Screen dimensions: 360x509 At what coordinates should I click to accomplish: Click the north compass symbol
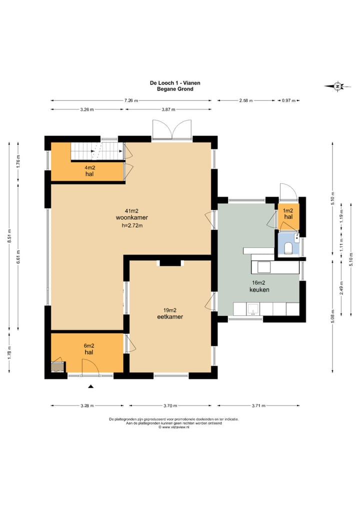tap(337, 86)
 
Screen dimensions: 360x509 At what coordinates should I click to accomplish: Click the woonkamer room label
tap(132, 217)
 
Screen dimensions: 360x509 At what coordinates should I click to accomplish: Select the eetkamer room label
tap(170, 316)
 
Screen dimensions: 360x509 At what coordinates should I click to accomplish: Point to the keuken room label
tap(259, 289)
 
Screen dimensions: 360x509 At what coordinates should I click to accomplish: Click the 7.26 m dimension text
tap(131, 100)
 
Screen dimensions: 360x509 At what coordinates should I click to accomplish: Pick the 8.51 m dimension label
tap(9, 236)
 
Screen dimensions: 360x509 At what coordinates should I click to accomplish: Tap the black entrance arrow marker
tap(91, 386)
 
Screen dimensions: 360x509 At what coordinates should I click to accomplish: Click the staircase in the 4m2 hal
tap(97, 151)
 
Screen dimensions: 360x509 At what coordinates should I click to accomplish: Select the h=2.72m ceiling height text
tap(132, 225)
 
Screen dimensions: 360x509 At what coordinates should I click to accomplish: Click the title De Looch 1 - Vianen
tap(175, 83)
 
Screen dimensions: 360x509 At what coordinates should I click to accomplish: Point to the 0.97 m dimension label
tap(288, 100)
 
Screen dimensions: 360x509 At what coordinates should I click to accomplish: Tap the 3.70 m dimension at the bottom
tap(170, 405)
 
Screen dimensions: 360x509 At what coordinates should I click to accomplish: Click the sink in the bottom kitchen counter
tap(253, 309)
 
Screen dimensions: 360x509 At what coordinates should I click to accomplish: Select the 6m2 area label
tap(89, 345)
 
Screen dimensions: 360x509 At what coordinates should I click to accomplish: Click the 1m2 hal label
tap(288, 213)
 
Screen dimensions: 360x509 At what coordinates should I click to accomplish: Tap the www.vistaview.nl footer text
tap(174, 427)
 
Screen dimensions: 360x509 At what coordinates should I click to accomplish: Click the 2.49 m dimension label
tap(341, 288)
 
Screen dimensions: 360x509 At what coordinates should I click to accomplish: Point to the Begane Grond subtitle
tap(175, 89)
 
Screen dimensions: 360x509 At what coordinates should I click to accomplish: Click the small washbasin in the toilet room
tap(296, 237)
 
